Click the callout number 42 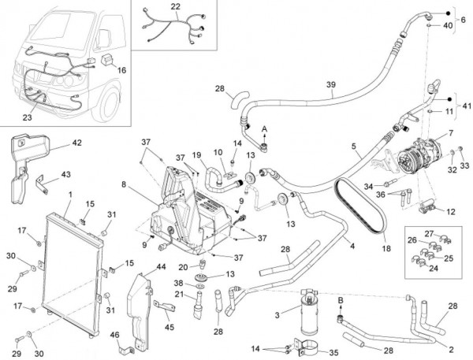click(x=76, y=143)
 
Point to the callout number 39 click(x=331, y=84)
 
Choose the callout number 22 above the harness click(x=175, y=7)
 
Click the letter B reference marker click(x=341, y=299)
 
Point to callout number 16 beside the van click(x=121, y=69)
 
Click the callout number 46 click(x=116, y=335)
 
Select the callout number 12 click(x=450, y=211)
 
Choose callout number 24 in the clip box click(x=432, y=268)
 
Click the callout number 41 click(x=466, y=105)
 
